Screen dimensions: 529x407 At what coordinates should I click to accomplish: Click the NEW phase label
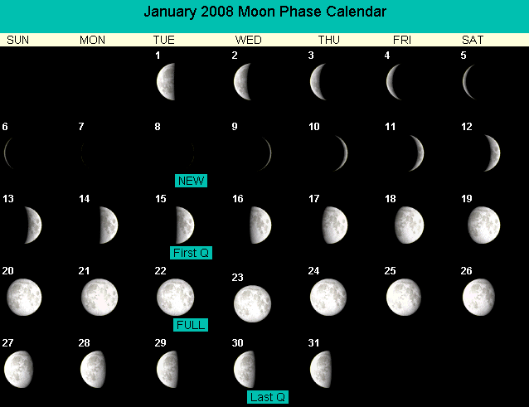tap(191, 181)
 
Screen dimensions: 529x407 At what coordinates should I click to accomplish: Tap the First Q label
tap(191, 253)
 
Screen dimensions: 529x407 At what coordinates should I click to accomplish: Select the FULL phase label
tap(191, 325)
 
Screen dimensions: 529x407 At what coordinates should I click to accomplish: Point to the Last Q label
tap(268, 397)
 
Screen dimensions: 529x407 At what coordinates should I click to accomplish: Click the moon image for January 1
tap(167, 81)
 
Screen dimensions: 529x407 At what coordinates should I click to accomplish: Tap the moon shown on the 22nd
tap(176, 297)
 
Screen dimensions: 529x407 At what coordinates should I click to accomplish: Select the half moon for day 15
tap(185, 225)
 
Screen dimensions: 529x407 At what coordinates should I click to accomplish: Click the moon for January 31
tap(321, 369)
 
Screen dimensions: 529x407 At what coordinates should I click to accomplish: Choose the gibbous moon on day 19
tap(483, 225)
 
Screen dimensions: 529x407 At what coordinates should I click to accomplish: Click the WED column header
tap(248, 40)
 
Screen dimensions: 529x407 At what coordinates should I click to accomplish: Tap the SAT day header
tap(473, 40)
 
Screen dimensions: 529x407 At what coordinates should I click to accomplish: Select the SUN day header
tap(18, 40)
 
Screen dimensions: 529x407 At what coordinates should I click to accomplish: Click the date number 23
tap(237, 277)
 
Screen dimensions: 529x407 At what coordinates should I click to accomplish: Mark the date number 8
tap(158, 127)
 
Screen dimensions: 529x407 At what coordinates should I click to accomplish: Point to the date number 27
tap(7, 343)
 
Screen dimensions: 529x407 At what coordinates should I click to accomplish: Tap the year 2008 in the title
tap(217, 12)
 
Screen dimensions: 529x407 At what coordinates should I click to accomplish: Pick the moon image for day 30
tap(245, 369)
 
